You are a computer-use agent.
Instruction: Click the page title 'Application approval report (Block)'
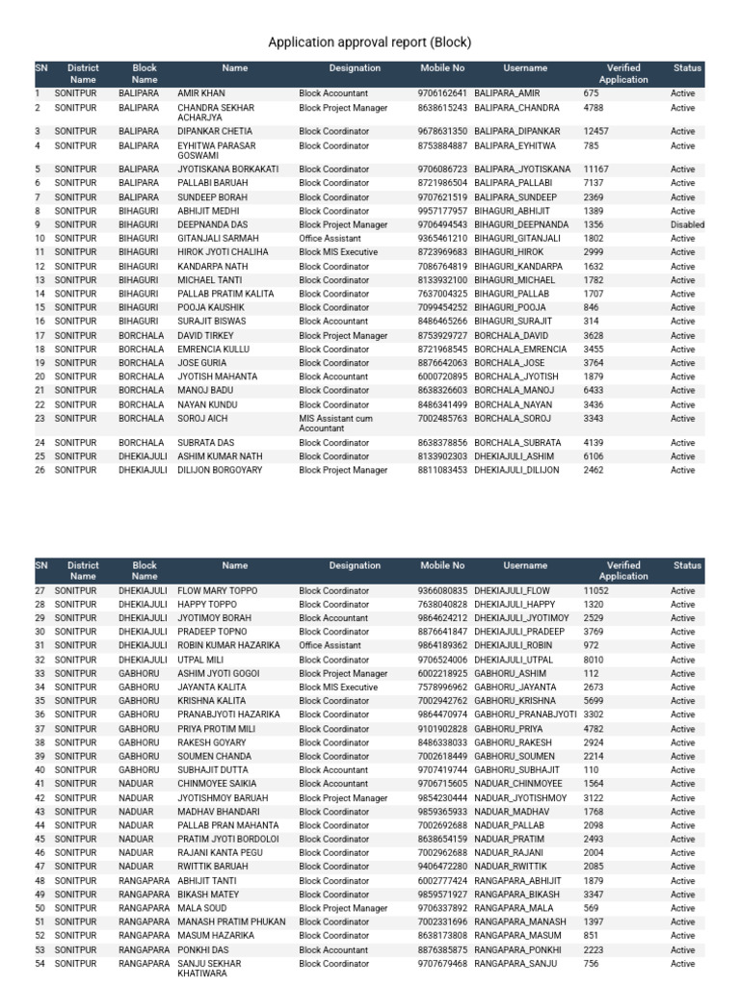click(369, 43)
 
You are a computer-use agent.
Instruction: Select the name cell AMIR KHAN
click(200, 94)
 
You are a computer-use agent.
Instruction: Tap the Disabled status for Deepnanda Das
click(687, 224)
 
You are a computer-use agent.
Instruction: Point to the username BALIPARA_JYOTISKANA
click(522, 169)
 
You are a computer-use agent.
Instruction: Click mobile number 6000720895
click(442, 377)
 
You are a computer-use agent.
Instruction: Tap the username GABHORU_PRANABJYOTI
click(524, 715)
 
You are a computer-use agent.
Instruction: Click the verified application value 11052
click(595, 591)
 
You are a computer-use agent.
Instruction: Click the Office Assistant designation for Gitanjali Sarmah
click(330, 239)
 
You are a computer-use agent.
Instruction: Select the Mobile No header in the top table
click(442, 69)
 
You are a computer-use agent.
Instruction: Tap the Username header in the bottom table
click(525, 566)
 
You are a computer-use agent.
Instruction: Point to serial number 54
click(40, 964)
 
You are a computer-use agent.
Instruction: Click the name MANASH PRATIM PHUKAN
click(231, 922)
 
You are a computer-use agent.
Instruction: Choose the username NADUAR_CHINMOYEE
click(518, 785)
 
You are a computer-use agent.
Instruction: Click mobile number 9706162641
click(442, 94)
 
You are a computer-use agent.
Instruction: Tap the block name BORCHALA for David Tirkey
click(141, 336)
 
